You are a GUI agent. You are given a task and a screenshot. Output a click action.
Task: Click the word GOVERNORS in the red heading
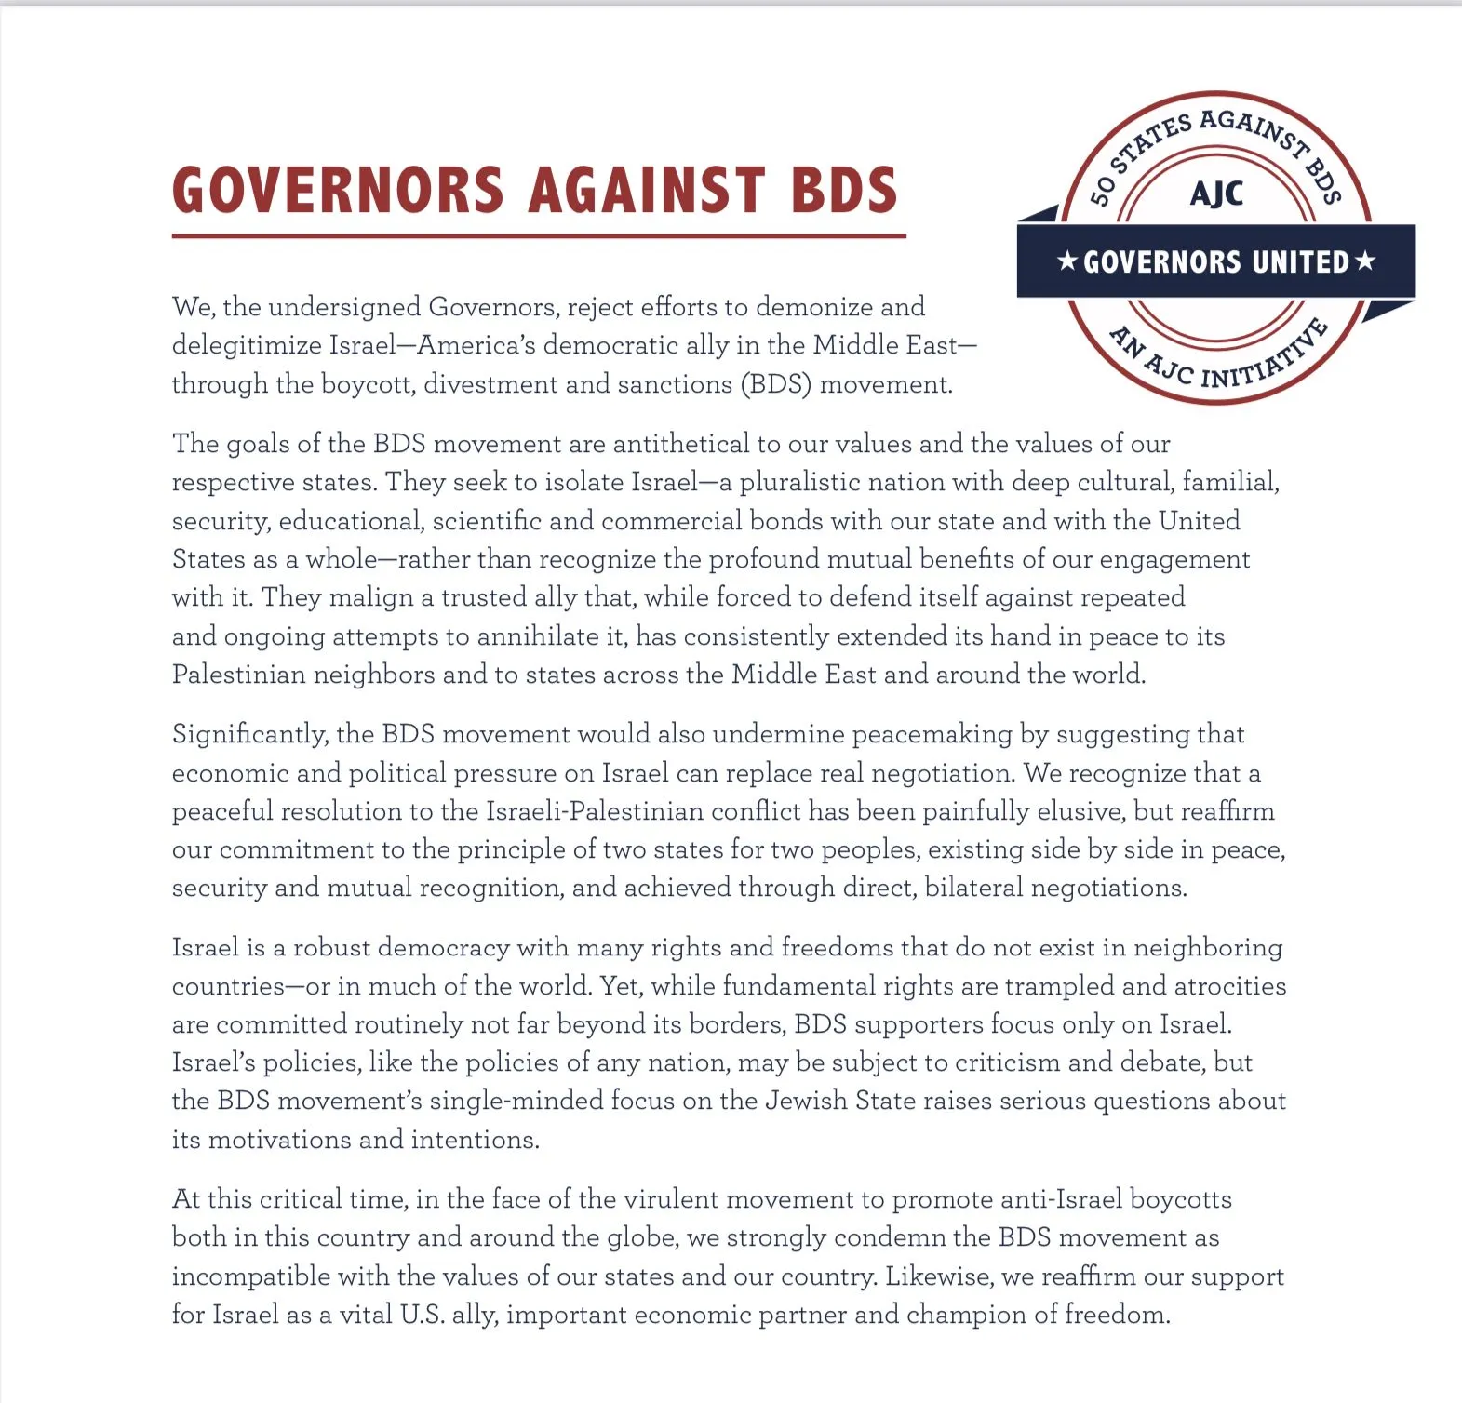pos(338,191)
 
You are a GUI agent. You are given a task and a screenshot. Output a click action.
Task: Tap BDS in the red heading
pos(843,191)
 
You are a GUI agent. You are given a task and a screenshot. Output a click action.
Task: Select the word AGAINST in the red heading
pos(647,191)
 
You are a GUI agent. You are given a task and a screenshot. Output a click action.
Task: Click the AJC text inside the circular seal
pos(1215,194)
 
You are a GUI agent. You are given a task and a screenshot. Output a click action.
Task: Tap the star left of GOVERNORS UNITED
pos(1067,261)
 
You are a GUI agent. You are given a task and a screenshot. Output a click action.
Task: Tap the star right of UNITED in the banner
pos(1365,261)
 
